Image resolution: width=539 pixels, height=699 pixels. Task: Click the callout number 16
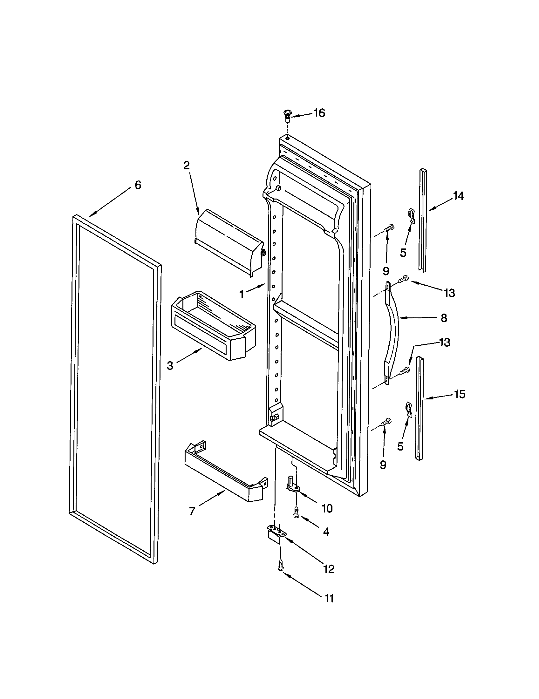click(319, 113)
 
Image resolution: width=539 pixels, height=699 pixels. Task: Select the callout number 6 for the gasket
click(138, 185)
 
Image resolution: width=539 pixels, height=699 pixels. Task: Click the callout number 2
click(186, 165)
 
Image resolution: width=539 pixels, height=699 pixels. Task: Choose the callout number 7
click(192, 511)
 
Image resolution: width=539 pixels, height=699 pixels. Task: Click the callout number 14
click(458, 195)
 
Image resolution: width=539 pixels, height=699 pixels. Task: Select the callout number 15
click(460, 394)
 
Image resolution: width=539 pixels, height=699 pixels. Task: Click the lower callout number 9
click(383, 465)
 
